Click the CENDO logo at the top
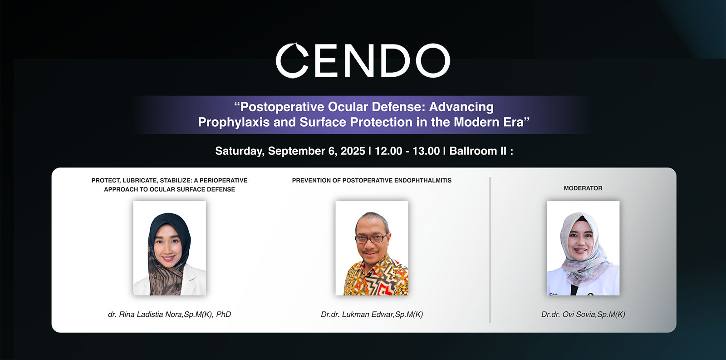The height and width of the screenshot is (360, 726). click(x=363, y=60)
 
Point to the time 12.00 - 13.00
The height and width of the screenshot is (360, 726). click(x=407, y=151)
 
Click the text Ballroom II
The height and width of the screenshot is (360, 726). click(x=478, y=151)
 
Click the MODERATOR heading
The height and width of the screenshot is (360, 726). click(x=583, y=188)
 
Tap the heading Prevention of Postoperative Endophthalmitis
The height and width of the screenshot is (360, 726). click(x=372, y=180)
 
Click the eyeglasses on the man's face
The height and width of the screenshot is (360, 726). click(x=372, y=239)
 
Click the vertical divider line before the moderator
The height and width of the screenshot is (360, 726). click(x=490, y=250)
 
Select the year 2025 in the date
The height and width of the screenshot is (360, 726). click(x=353, y=151)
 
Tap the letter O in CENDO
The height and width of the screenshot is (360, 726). click(x=433, y=61)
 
